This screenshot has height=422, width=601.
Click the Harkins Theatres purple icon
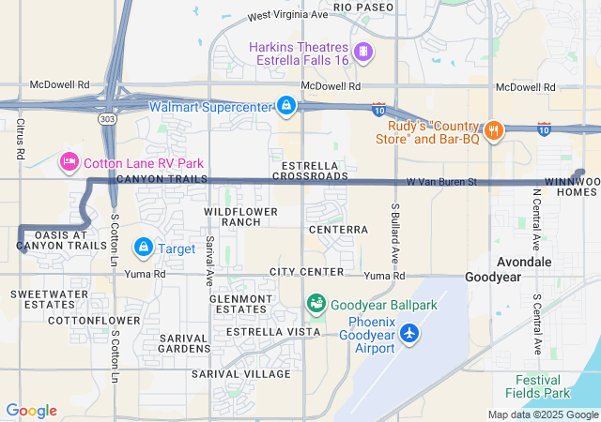[363, 50]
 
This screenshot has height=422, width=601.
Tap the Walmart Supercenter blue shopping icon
[285, 106]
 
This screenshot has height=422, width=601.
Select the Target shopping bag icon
[143, 248]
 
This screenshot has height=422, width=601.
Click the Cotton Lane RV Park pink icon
[69, 162]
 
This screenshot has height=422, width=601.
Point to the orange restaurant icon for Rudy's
[492, 129]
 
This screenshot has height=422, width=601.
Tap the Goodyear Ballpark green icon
[316, 304]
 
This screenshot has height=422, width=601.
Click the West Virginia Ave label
[287, 16]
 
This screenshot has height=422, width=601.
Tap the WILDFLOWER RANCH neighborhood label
[241, 217]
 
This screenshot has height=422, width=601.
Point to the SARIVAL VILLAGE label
[241, 373]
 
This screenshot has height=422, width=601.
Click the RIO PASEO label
[362, 7]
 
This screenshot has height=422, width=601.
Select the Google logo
[31, 411]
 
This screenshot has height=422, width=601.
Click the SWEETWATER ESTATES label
[42, 299]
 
